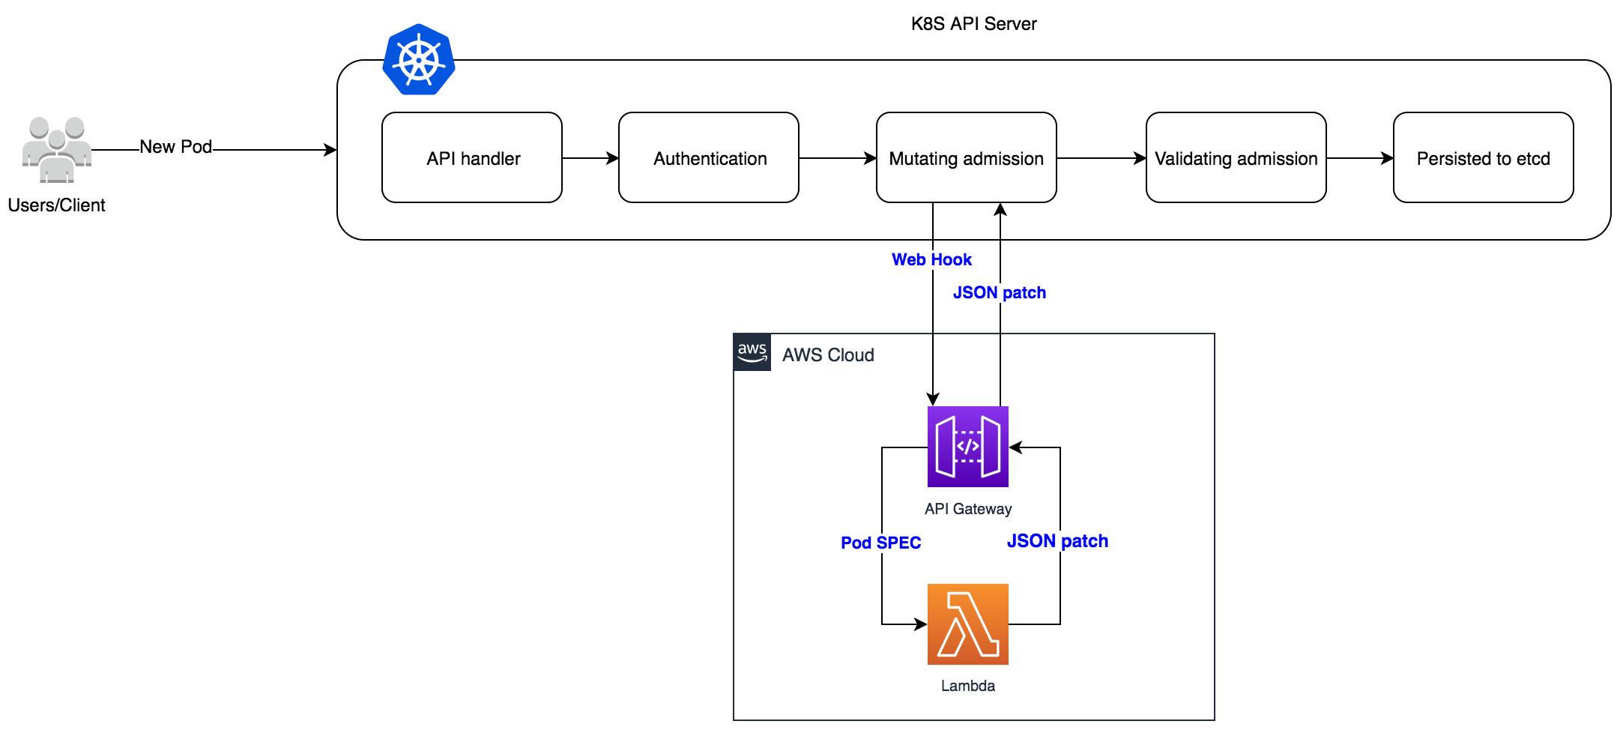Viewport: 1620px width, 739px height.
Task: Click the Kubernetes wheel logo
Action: point(419,60)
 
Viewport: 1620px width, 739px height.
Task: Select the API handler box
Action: point(472,158)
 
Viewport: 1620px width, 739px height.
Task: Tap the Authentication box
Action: point(709,158)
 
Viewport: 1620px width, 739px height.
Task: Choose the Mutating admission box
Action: point(966,158)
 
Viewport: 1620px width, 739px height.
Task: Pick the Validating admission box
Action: point(1236,158)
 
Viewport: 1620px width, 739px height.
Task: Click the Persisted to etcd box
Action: point(1483,158)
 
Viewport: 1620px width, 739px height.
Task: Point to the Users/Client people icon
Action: point(57,150)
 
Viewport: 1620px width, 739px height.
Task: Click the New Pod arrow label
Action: point(176,147)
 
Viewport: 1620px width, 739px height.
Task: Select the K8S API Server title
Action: point(973,24)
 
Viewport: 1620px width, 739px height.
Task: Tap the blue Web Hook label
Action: point(931,260)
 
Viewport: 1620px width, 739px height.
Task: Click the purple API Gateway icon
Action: point(967,447)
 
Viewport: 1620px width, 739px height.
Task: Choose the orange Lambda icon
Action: point(967,624)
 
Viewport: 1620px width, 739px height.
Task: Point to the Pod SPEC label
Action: point(880,543)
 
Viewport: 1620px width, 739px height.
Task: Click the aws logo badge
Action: point(752,352)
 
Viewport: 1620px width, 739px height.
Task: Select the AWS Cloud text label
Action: point(828,355)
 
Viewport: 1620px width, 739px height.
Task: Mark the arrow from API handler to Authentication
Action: point(590,158)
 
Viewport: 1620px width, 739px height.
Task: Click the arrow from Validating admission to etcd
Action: point(1359,158)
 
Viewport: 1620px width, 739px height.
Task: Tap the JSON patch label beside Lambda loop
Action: point(1057,541)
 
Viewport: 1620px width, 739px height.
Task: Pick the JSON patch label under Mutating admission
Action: point(999,293)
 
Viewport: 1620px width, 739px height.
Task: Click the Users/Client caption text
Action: point(57,205)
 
